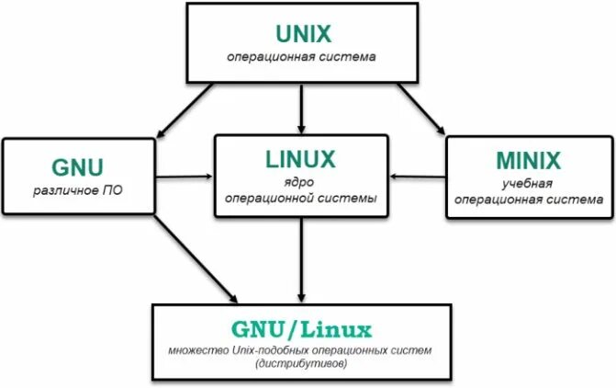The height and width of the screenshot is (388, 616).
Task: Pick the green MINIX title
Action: click(529, 161)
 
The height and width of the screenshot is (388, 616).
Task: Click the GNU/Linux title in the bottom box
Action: click(303, 328)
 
